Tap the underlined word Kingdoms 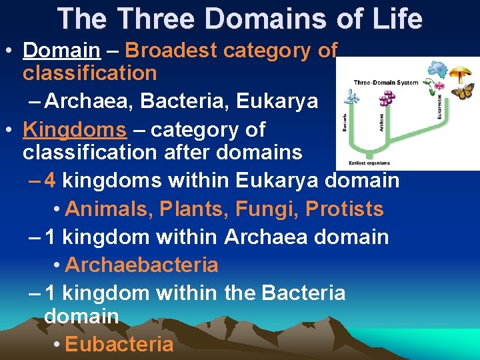(x=74, y=129)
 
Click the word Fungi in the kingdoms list (x=265, y=209)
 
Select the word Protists (x=345, y=209)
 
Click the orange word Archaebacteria (x=141, y=265)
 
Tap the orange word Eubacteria (x=119, y=344)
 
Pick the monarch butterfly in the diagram (x=462, y=90)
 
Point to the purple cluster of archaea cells (x=386, y=99)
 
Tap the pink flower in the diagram (x=439, y=85)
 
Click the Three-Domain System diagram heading (x=386, y=83)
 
